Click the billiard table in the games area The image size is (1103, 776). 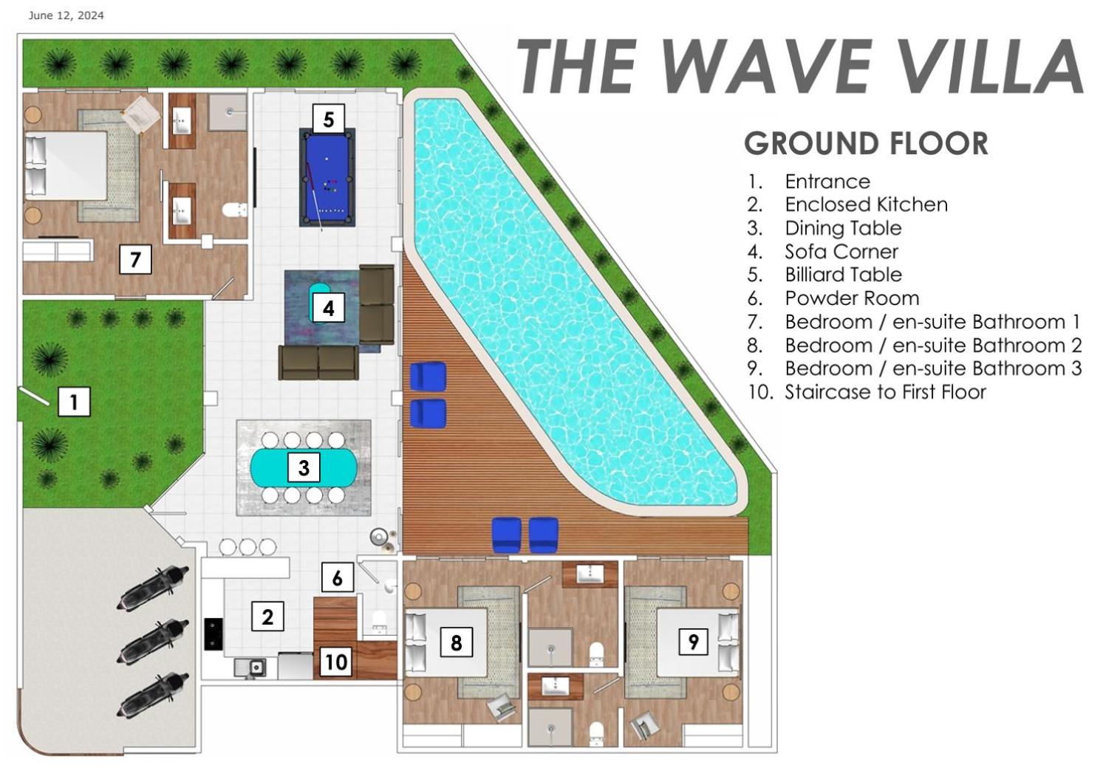click(327, 178)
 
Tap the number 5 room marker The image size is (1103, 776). click(329, 119)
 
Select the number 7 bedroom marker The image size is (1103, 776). click(135, 259)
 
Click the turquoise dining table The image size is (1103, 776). click(304, 467)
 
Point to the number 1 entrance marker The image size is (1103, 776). click(74, 402)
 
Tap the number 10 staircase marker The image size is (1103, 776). click(336, 662)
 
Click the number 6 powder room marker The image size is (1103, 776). click(338, 577)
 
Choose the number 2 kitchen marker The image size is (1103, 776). click(267, 616)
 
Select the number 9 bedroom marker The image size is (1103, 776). click(693, 641)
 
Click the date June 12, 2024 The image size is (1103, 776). click(66, 16)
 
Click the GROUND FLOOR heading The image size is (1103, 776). click(866, 143)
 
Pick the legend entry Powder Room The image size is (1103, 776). click(852, 298)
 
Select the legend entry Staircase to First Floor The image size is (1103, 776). click(885, 392)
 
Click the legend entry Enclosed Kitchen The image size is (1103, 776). click(866, 205)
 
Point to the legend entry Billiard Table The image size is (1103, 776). click(843, 275)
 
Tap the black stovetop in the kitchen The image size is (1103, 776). click(213, 634)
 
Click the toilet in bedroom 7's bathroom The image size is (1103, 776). click(234, 210)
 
